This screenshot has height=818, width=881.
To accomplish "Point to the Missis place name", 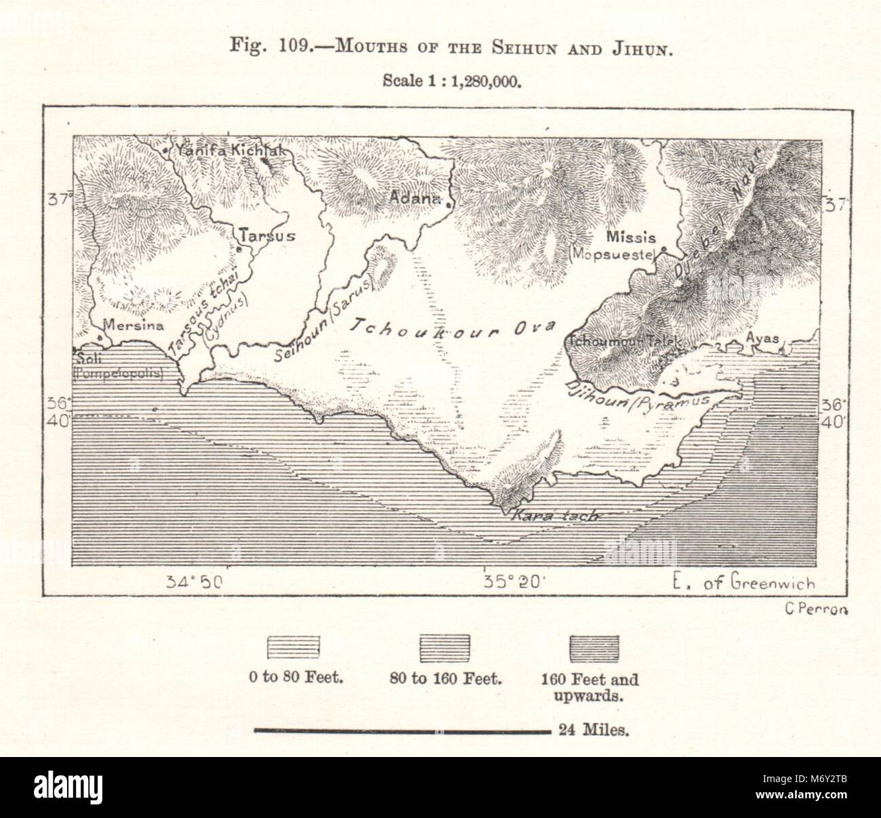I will (630, 237).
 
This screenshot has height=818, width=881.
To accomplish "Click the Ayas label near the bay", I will (758, 336).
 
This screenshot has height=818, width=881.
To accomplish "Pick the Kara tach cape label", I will (551, 515).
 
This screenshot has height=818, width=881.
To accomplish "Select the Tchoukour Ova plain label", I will (451, 329).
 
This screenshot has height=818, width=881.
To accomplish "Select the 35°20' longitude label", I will (509, 581).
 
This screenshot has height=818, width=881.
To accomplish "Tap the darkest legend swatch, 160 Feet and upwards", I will (594, 649).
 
